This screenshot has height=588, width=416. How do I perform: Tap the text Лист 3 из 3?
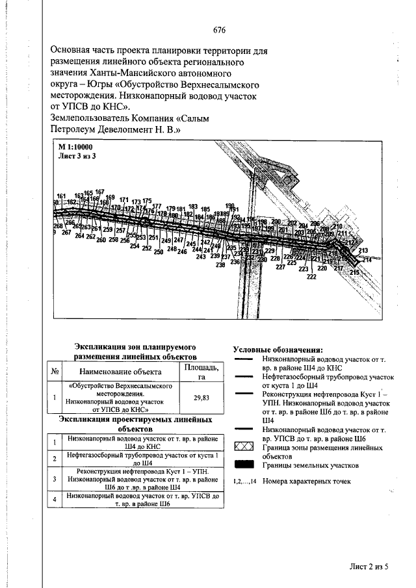[x=77, y=157]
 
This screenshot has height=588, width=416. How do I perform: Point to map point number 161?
[x=61, y=196]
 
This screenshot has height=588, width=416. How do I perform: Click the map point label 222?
[x=311, y=277]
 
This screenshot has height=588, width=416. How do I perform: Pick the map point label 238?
[x=220, y=265]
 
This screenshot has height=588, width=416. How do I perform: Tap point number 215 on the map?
[x=354, y=272]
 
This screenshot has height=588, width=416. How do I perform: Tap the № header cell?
[x=55, y=372]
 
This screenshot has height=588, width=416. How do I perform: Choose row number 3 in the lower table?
[x=55, y=479]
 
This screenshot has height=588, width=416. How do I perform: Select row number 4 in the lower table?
[x=55, y=500]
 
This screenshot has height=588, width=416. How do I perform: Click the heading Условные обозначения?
[x=278, y=350]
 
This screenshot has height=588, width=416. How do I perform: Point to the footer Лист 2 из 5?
[x=368, y=567]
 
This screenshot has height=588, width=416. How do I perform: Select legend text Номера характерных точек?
[x=307, y=481]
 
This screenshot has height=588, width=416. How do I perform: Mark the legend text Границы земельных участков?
[x=311, y=466]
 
